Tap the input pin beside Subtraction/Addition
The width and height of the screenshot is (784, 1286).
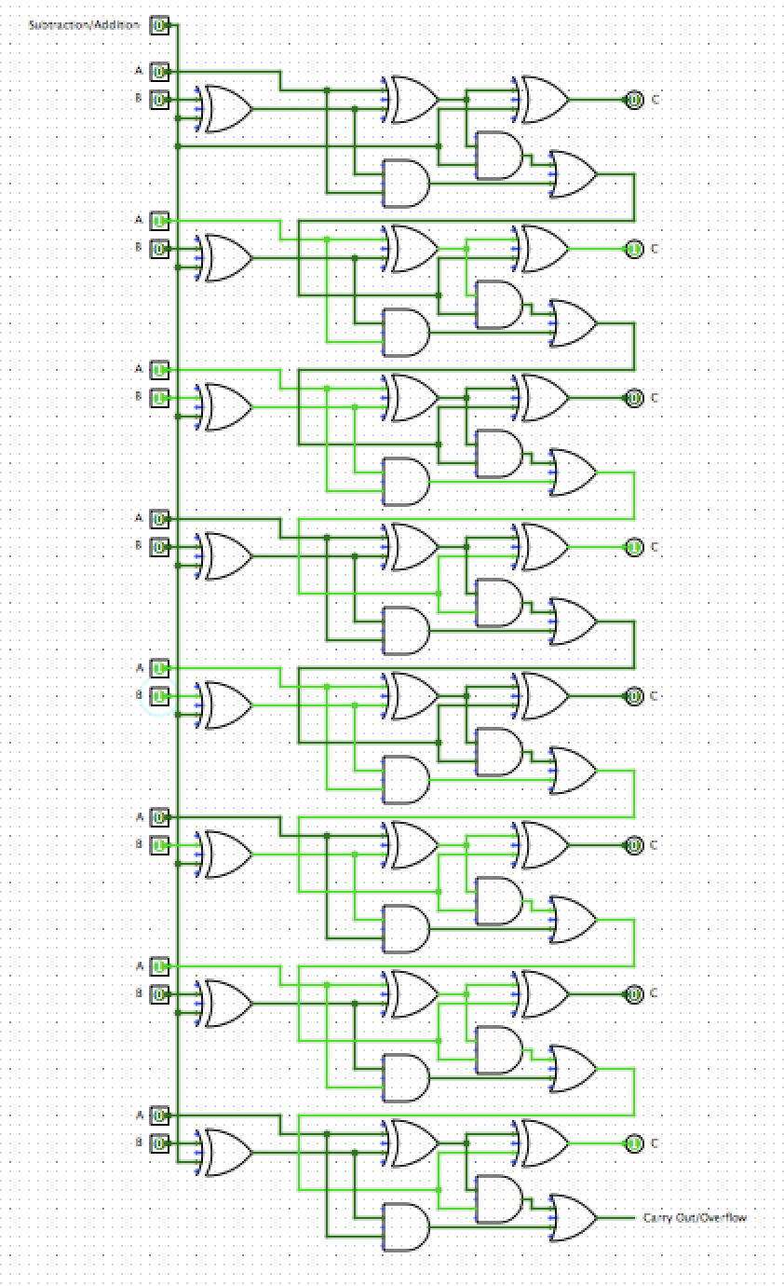point(159,25)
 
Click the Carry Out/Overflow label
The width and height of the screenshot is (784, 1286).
point(695,1218)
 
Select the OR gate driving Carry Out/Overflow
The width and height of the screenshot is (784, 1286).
point(574,1218)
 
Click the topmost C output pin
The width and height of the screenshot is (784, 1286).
point(634,100)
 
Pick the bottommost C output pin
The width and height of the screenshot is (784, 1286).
point(634,1143)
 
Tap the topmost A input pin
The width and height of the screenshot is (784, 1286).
point(159,72)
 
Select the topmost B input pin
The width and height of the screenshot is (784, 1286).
point(159,100)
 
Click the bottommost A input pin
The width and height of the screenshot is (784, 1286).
point(159,1115)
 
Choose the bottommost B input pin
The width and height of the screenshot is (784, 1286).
point(159,1143)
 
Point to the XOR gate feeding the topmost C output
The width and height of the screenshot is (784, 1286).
point(545,100)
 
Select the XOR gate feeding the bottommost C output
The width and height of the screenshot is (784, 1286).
point(545,1143)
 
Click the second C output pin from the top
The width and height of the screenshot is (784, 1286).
point(634,249)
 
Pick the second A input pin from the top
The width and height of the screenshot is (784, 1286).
point(159,221)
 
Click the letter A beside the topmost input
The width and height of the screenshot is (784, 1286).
point(139,71)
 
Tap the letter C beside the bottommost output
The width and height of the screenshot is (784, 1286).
point(655,1143)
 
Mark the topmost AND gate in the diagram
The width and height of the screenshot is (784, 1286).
point(499,156)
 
